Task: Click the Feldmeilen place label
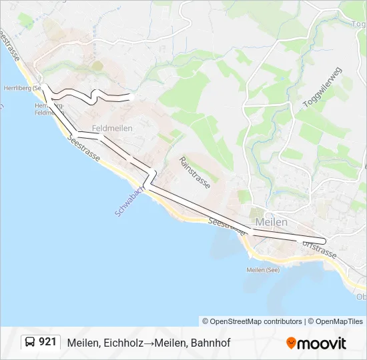[x=112, y=128]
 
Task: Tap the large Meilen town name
[x=271, y=222]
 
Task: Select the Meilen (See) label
[x=262, y=270]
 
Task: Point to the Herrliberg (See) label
[x=23, y=87]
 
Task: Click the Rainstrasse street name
[x=194, y=173]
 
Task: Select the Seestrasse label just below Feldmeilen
[x=85, y=148]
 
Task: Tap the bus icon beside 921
[x=30, y=343]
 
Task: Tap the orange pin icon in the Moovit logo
[x=291, y=343]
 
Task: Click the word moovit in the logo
[x=322, y=343]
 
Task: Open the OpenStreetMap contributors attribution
[x=253, y=321]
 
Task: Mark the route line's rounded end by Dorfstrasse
[x=324, y=241]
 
